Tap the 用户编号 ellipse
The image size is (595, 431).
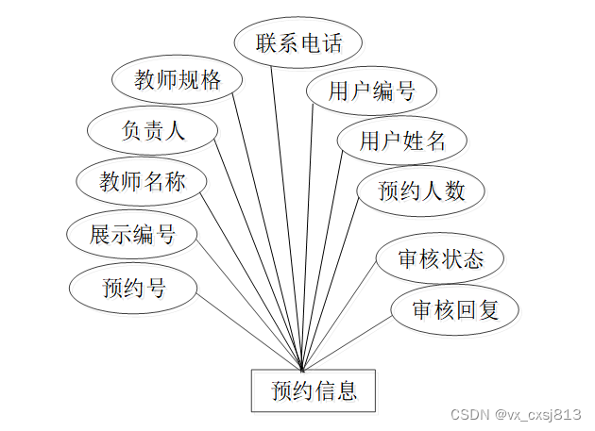pyautogui.click(x=371, y=92)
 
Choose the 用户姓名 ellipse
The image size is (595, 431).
pyautogui.click(x=401, y=142)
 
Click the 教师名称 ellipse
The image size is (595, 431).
pyautogui.click(x=143, y=182)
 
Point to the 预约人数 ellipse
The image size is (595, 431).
pyautogui.click(x=421, y=191)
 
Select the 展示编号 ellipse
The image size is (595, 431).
pyautogui.click(x=132, y=234)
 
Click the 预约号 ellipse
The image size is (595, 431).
pyautogui.click(x=133, y=287)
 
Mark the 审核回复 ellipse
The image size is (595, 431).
pyautogui.click(x=454, y=308)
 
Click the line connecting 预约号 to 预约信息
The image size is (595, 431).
pyautogui.click(x=247, y=331)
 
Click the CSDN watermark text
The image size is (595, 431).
pyautogui.click(x=467, y=414)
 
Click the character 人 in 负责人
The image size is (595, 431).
pyautogui.click(x=176, y=131)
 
